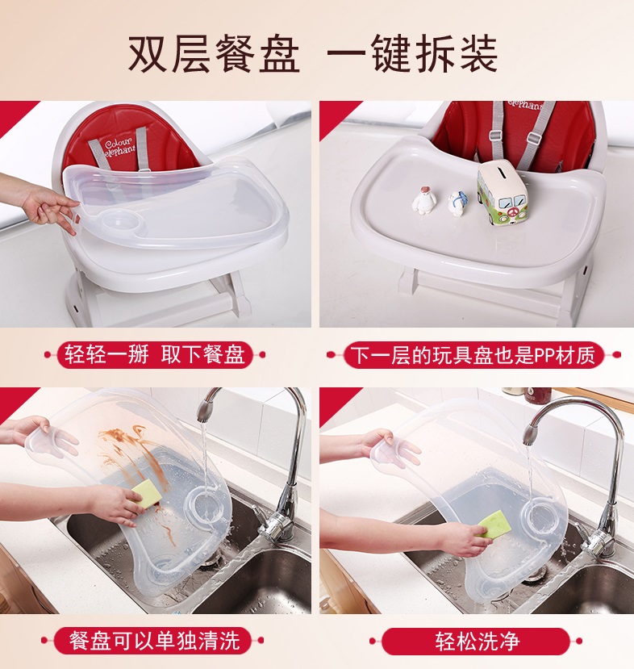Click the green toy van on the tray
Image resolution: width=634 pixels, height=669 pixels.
point(503,194)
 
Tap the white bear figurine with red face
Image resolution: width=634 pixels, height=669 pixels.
point(423,199)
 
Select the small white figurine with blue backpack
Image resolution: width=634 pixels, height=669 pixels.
point(457,204)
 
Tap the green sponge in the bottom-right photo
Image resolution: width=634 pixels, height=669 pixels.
point(494,524)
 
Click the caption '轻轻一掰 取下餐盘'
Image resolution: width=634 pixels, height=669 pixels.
point(155,354)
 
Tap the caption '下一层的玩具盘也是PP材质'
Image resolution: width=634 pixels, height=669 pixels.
point(473,355)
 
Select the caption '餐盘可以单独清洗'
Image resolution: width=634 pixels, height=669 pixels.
point(154,640)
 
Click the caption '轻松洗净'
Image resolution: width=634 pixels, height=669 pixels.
point(477,641)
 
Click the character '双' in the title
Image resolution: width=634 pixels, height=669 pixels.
point(147,54)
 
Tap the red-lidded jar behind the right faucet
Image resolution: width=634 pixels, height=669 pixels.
point(534,395)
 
